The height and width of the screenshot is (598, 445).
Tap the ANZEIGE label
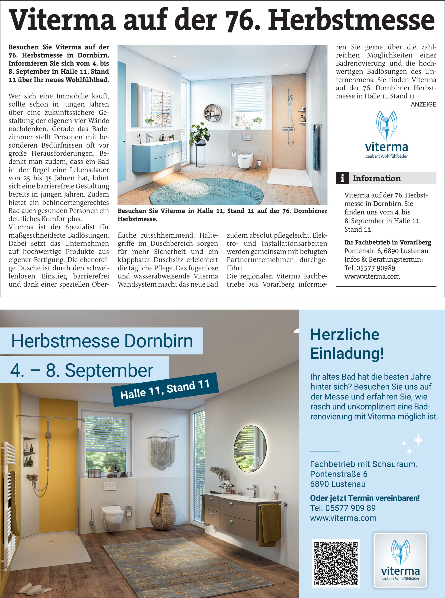pos(423,104)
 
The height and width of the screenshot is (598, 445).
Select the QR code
pos(336,563)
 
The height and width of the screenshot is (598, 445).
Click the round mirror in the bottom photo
pos(250,448)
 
